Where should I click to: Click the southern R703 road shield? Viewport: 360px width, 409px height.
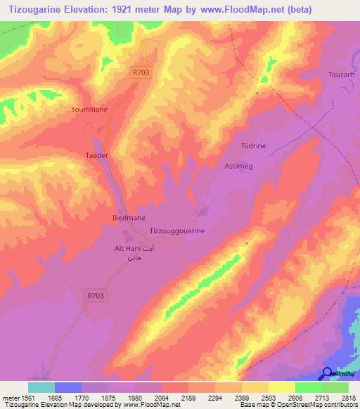click(94, 297)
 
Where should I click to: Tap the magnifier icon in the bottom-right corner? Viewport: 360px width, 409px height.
click(328, 373)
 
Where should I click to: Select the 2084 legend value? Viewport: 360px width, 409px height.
click(162, 397)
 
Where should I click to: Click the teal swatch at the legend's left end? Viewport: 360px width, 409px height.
click(41, 387)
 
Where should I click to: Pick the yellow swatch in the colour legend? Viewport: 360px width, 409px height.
click(281, 387)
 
